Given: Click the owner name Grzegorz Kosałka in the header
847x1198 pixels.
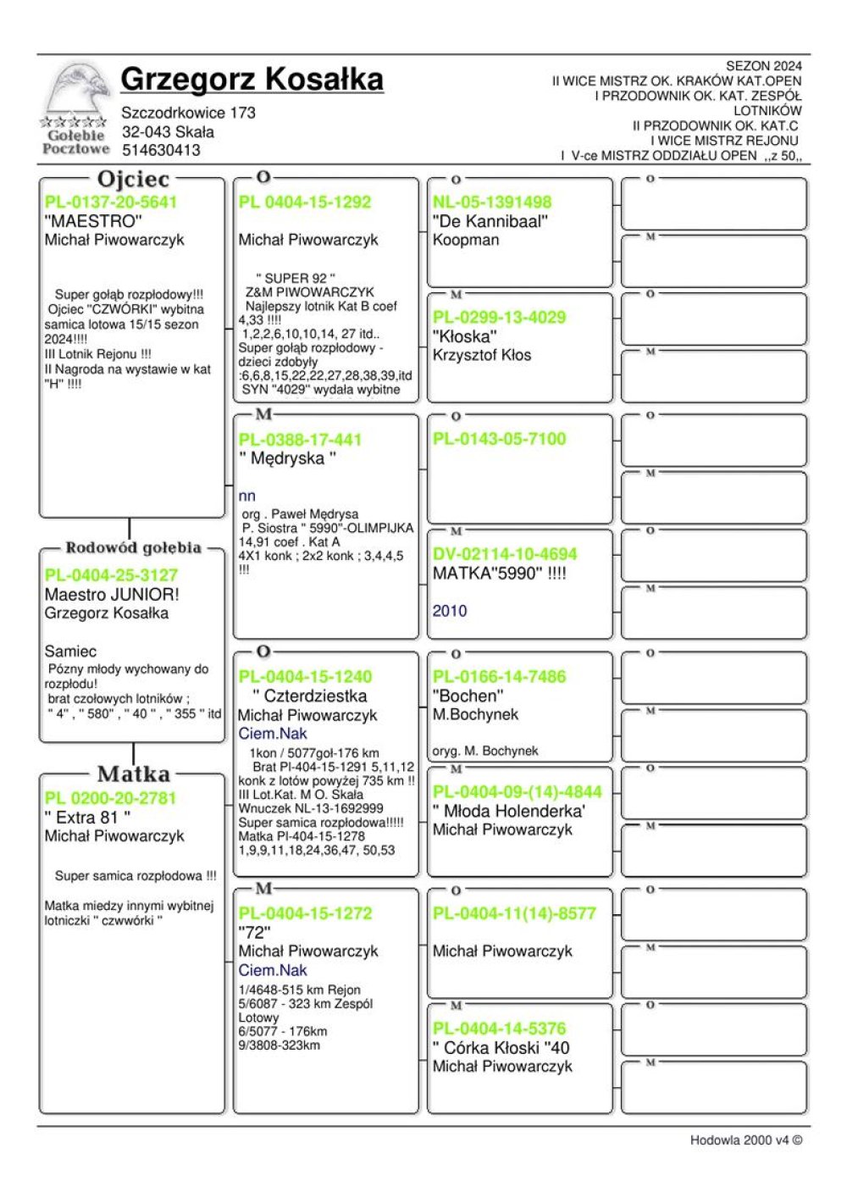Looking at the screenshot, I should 252,79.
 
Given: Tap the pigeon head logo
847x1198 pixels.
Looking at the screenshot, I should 78,90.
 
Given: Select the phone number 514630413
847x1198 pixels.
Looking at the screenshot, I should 161,150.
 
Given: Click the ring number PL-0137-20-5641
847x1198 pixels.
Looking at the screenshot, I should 111,202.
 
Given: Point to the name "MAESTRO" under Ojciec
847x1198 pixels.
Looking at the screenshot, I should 93,221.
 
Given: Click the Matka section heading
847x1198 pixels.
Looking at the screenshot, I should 133,774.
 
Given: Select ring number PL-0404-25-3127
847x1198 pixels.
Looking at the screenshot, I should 111,575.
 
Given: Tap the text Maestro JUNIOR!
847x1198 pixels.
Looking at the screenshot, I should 112,594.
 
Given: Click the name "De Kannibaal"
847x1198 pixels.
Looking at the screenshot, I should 490,221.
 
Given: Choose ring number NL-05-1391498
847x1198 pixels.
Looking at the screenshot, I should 491,202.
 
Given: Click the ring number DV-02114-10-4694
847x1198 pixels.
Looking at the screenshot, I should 505,554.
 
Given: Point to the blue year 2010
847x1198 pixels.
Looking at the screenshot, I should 449,611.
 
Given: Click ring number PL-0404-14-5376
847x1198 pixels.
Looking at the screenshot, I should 499,1029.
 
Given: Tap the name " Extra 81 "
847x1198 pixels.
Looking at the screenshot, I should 87,817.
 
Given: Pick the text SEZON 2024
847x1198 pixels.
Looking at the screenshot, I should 763,66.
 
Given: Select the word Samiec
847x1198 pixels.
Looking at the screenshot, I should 70,652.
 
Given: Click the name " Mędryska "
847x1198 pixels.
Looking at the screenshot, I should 287,458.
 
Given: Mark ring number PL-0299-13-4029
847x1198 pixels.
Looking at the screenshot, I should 499,318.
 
